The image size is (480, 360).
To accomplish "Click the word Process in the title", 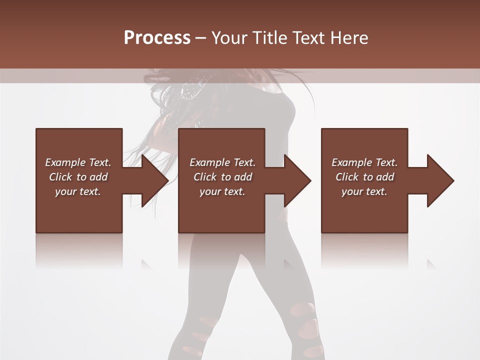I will tap(157, 38).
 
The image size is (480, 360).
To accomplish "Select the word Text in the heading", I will tap(308, 38).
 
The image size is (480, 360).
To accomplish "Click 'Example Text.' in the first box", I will tap(78, 162).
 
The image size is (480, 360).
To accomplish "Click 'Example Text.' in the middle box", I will tap(222, 162).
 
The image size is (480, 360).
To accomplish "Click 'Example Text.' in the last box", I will tap(364, 162).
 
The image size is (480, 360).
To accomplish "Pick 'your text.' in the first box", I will tap(78, 191).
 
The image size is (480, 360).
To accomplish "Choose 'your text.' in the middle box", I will tap(222, 191).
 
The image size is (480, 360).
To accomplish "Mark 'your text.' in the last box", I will tap(364, 191).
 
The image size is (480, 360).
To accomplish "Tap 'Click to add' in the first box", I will tap(78, 177).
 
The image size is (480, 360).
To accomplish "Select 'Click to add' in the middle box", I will tap(222, 177).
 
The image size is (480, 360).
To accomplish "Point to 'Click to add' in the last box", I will tap(364, 177).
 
